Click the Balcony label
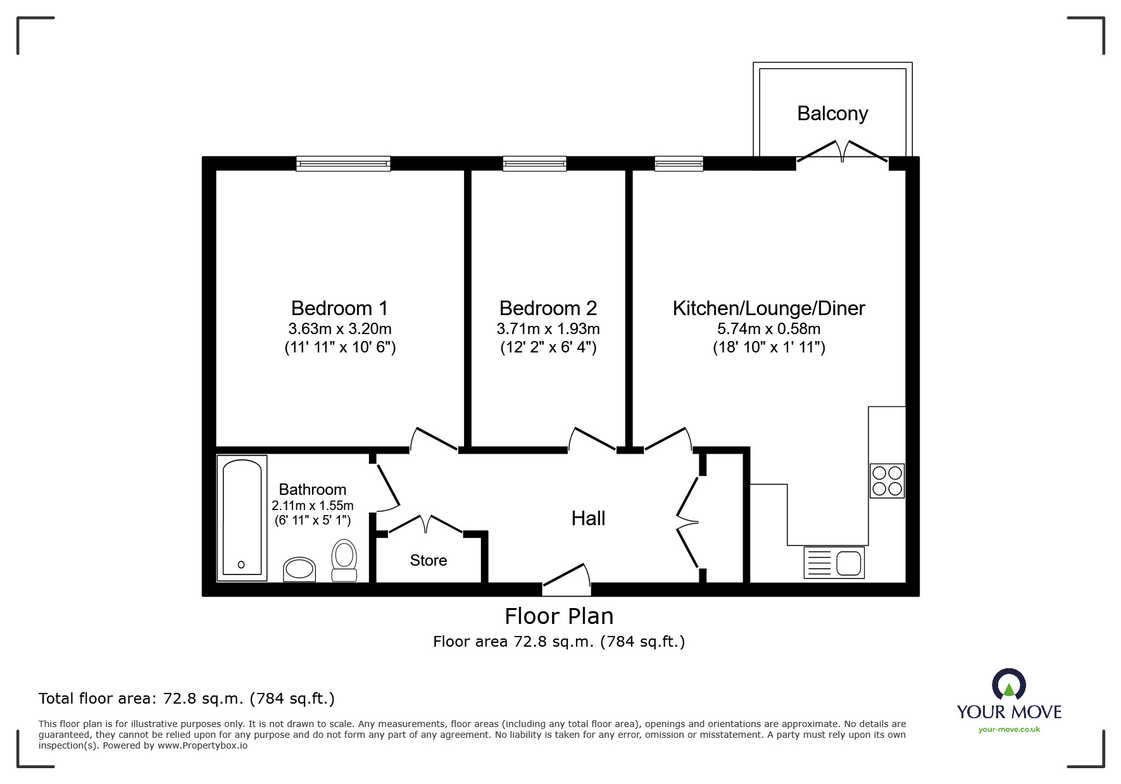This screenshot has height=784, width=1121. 832,114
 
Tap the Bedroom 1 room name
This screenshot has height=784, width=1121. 339,308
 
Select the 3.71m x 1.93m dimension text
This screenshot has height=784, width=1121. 548,329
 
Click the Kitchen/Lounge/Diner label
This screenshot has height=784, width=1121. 768,308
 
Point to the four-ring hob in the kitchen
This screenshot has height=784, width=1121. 886,481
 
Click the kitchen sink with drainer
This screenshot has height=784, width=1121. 834,563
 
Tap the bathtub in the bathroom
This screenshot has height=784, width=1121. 242,517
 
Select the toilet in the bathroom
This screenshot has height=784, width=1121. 344,560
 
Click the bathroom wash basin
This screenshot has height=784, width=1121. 299,569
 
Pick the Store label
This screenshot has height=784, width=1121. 429,561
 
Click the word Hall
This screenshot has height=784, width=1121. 588,519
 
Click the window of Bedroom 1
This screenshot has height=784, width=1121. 344,164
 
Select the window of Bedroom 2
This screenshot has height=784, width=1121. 534,164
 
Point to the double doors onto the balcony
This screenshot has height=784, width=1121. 842,152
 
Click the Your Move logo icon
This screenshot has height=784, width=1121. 1008,685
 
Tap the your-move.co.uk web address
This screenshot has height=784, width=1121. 1009,730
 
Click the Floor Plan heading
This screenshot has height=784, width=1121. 559,616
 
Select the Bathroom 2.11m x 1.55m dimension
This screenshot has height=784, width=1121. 313,506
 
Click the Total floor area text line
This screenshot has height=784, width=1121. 187,699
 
